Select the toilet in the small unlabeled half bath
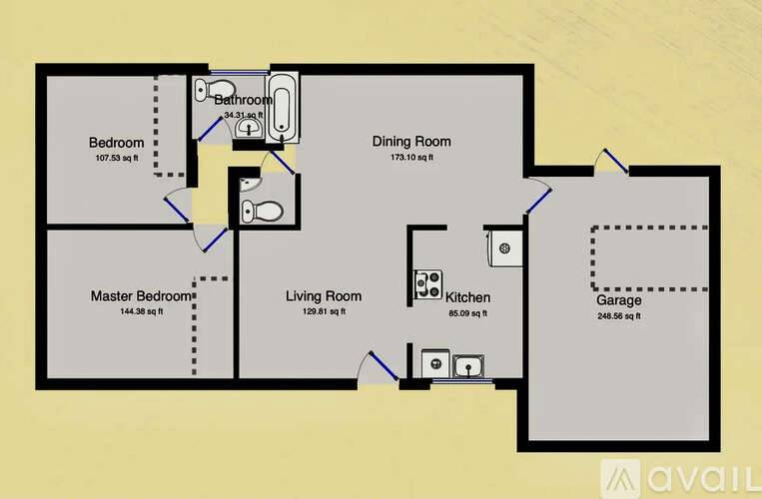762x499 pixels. pos(264,211)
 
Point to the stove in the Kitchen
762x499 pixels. pos(429,284)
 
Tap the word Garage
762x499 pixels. pos(618,300)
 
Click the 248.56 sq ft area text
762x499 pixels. pos(618,316)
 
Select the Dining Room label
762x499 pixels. pos(411,142)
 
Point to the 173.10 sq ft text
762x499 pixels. pos(411,158)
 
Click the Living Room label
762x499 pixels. pos(323,296)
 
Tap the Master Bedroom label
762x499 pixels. pos(141,296)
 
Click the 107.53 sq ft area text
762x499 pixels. pos(116,158)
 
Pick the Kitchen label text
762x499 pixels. pos(467,297)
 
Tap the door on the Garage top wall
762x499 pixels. pos(611,163)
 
